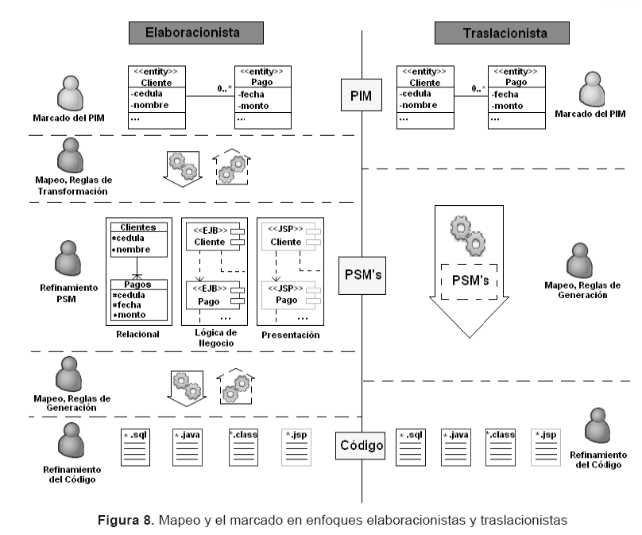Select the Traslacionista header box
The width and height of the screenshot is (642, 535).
click(x=502, y=33)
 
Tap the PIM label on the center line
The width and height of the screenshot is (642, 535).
click(x=362, y=96)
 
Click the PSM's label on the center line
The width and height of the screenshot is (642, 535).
click(x=362, y=274)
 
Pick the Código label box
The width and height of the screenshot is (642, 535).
click(x=361, y=445)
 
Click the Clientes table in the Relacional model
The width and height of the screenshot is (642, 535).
click(x=139, y=239)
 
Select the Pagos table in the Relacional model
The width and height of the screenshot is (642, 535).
click(x=139, y=300)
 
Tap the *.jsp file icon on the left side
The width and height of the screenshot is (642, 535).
click(x=295, y=446)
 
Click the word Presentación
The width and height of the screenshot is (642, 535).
click(x=290, y=335)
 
